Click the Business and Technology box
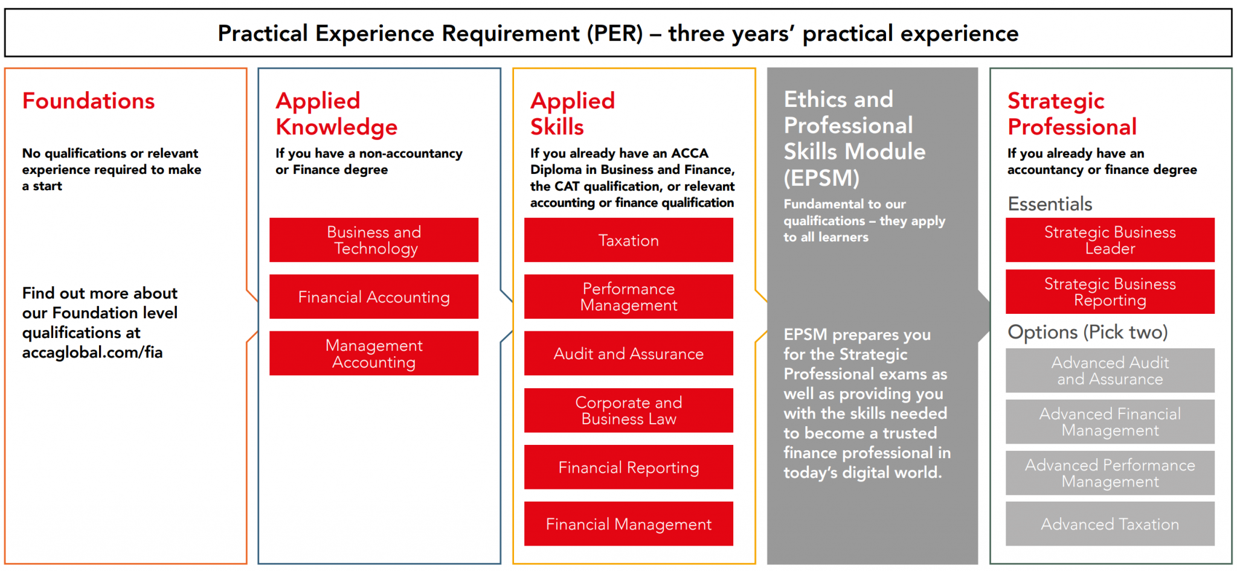[x=373, y=240]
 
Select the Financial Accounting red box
[x=373, y=296]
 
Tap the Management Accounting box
[x=373, y=353]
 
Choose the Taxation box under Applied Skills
[x=628, y=240]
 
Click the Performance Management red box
[x=628, y=296]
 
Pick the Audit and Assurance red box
[x=628, y=353]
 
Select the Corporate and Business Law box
[x=628, y=410]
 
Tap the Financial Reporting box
[x=628, y=467]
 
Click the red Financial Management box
[x=628, y=523]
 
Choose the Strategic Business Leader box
[x=1110, y=240]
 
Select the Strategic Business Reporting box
[x=1110, y=292]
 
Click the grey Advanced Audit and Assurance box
[x=1110, y=370]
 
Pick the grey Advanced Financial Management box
[x=1110, y=421]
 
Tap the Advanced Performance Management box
[x=1110, y=473]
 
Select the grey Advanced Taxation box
[x=1110, y=523]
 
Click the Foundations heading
[x=88, y=101]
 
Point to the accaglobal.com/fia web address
[x=92, y=352]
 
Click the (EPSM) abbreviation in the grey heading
[x=821, y=178]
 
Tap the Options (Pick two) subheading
[x=1087, y=332]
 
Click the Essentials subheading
[x=1050, y=204]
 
